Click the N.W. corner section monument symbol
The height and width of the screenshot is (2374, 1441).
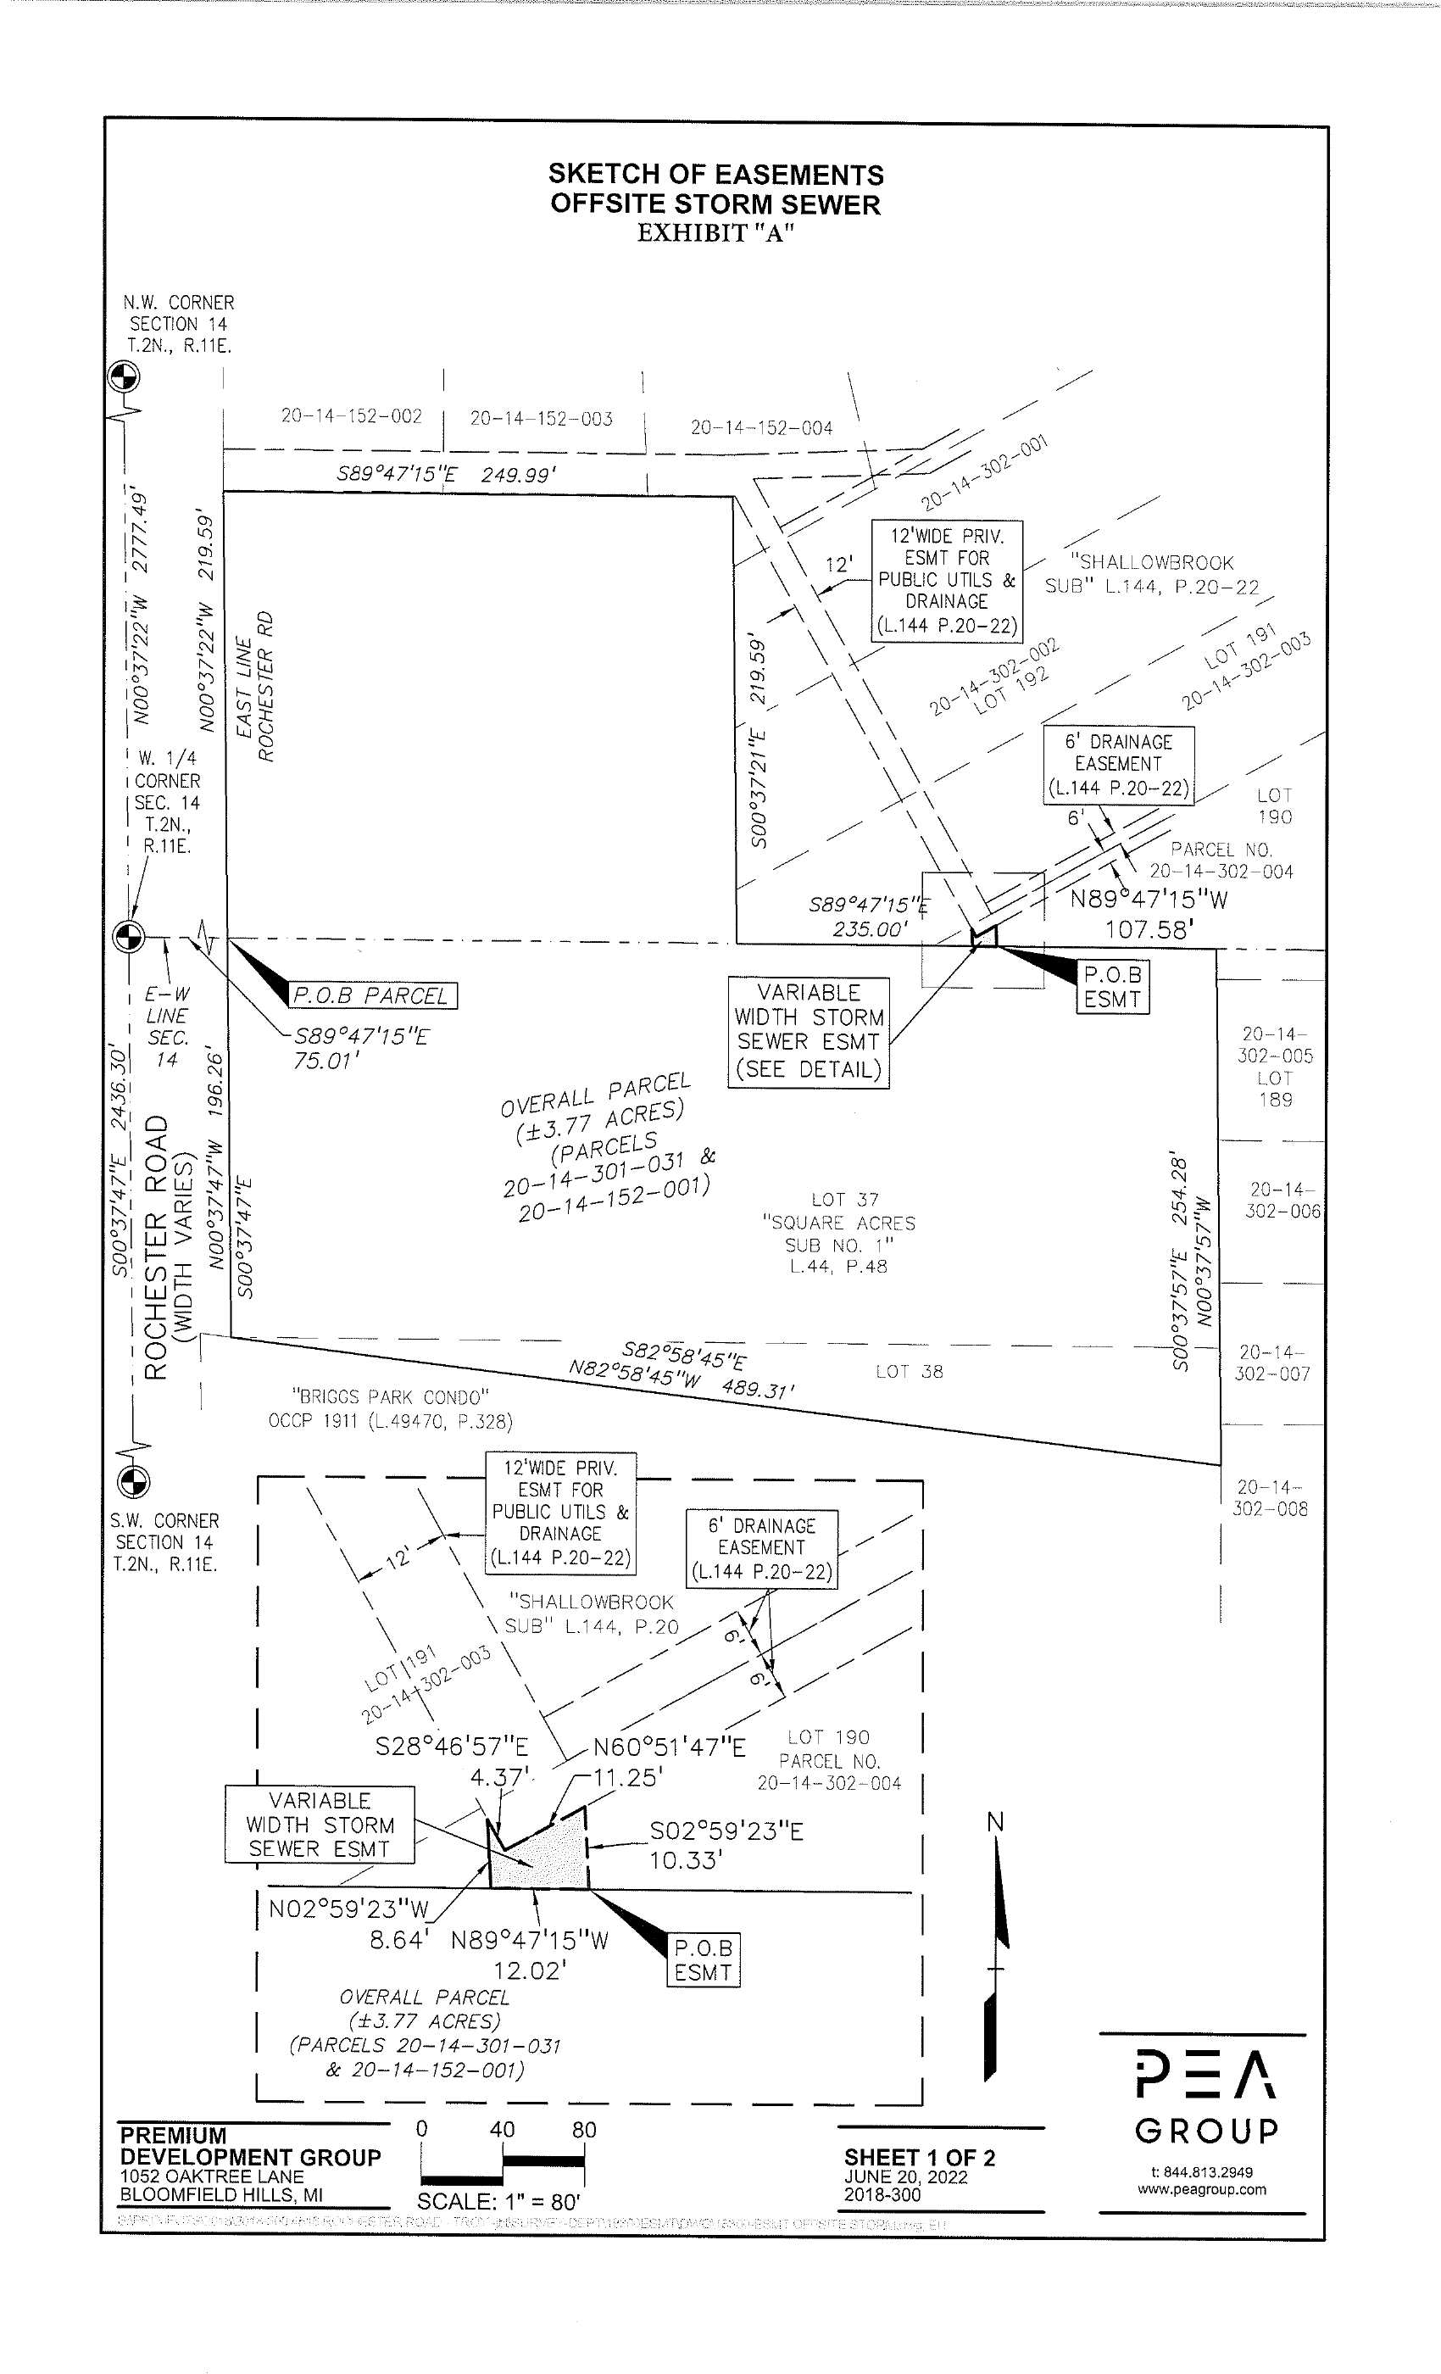pos(122,376)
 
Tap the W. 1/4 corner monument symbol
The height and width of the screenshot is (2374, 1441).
pos(129,933)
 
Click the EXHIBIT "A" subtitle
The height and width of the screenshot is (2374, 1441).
pos(715,233)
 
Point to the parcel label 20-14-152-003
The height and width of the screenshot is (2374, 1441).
pos(542,419)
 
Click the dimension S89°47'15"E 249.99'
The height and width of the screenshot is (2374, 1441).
pos(446,475)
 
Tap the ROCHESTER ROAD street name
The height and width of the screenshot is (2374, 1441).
pos(154,1249)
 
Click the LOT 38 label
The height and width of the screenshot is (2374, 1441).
pos(910,1371)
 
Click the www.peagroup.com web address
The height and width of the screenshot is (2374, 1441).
pos(1201,2216)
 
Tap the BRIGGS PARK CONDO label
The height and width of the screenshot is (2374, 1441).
pos(391,1396)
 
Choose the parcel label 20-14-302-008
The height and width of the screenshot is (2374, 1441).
pos(1271,1498)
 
